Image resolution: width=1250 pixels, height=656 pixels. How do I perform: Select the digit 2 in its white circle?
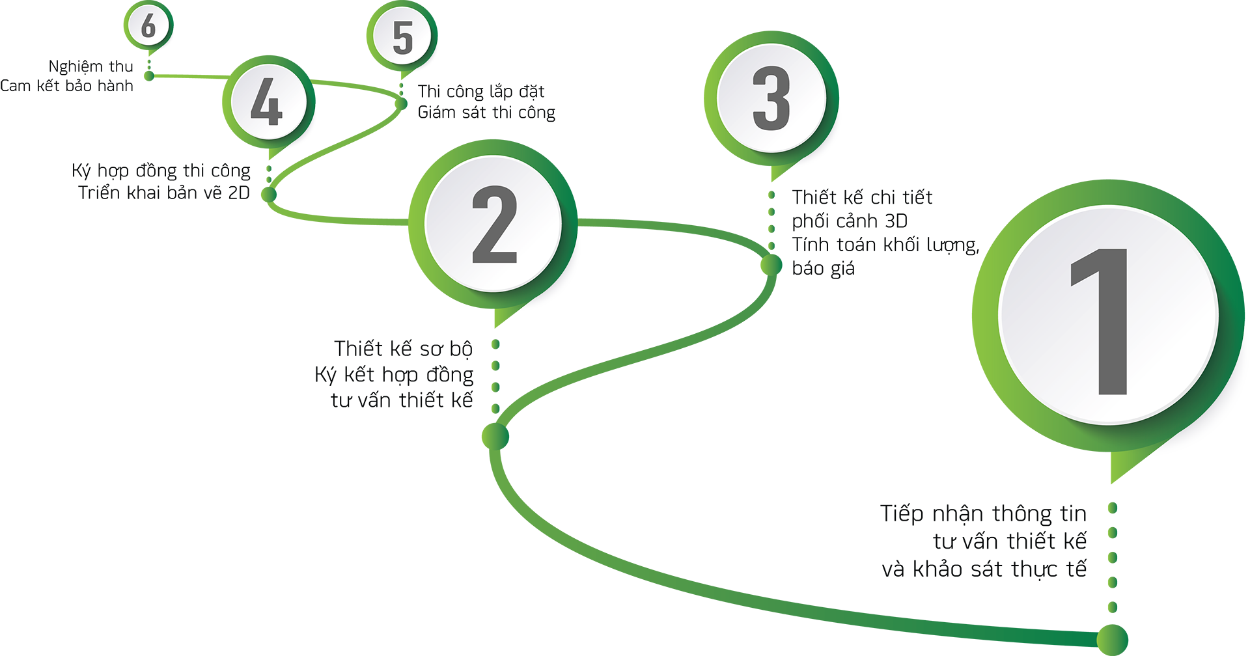coord(495,225)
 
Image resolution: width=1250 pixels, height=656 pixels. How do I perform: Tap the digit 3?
coord(771,98)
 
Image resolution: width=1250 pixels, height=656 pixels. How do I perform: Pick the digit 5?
coord(403,37)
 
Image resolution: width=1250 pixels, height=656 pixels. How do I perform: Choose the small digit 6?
coord(149,25)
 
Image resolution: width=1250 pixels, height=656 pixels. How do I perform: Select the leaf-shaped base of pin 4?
coord(279,194)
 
